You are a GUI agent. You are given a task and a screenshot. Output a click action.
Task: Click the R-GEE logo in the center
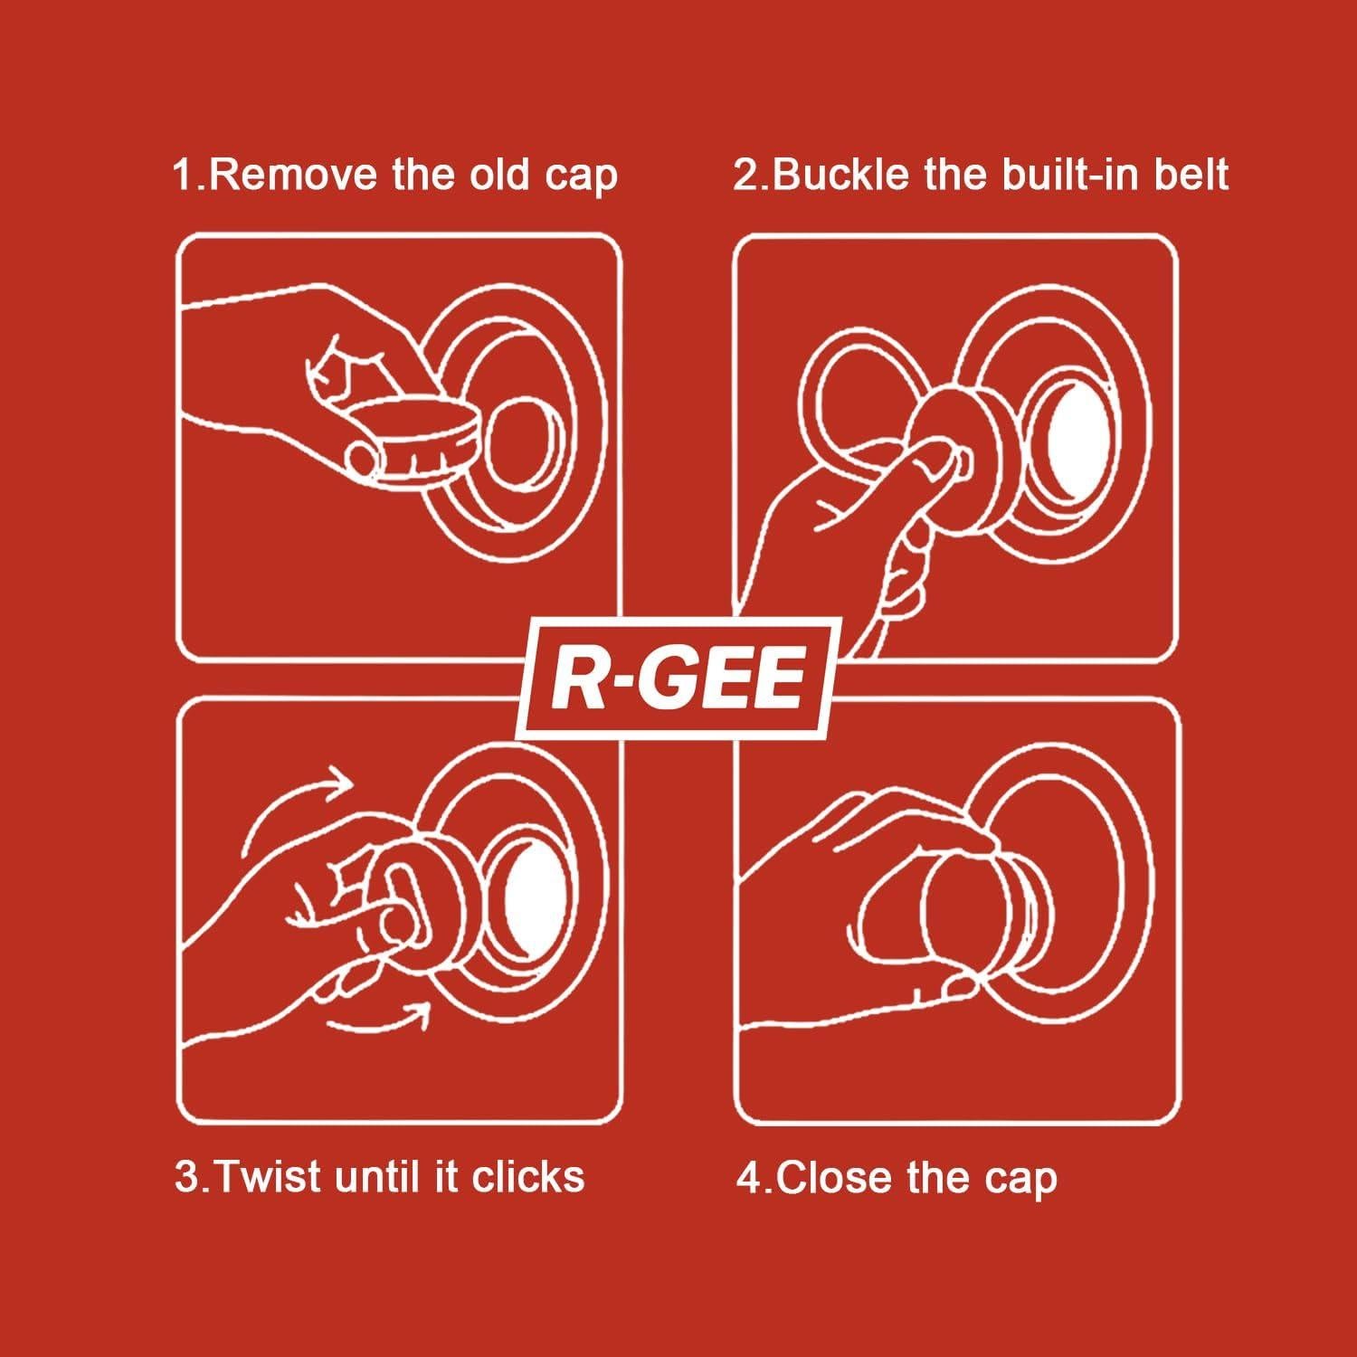(x=677, y=677)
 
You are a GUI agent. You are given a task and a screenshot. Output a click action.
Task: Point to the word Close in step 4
(x=830, y=1179)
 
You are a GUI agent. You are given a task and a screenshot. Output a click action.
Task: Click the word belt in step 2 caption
(x=1191, y=175)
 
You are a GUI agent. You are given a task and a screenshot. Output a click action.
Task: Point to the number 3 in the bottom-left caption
(x=186, y=1177)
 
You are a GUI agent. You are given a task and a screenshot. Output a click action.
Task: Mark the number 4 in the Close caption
(x=749, y=1179)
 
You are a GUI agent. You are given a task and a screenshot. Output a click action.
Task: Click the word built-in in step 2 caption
(x=1071, y=175)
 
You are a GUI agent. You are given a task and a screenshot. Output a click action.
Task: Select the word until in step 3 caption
(x=381, y=1177)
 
